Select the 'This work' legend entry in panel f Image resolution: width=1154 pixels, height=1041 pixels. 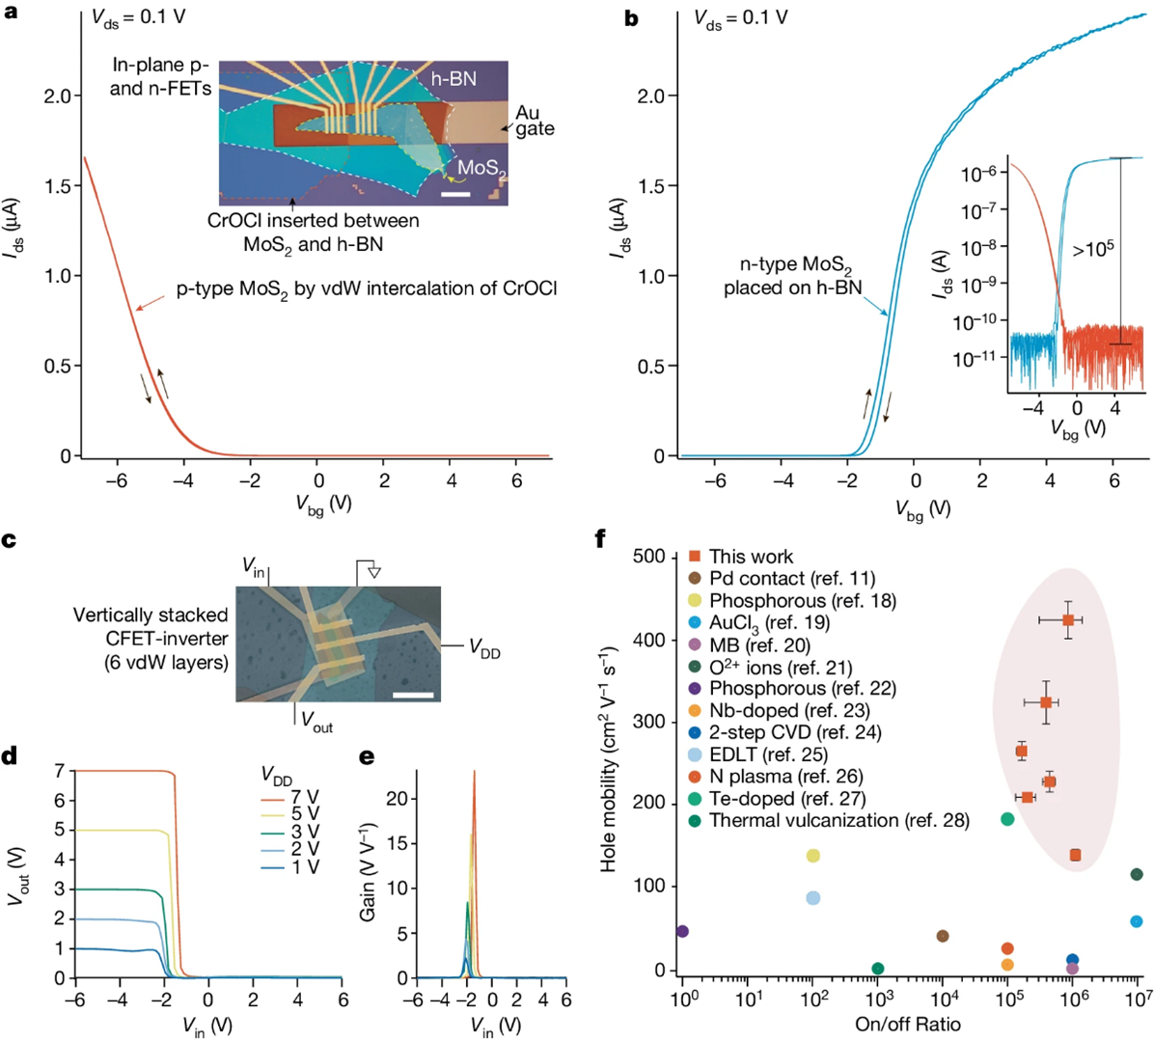click(751, 557)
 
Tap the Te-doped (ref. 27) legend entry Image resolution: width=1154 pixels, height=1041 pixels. click(787, 798)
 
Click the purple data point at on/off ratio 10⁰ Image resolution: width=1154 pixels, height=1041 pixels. click(682, 931)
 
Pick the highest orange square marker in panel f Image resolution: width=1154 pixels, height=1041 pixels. click(1068, 620)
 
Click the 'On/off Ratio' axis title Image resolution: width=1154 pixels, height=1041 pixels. click(908, 1024)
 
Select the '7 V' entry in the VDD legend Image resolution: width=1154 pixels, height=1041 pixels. click(305, 797)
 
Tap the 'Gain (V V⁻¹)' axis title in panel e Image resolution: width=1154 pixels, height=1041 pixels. click(368, 872)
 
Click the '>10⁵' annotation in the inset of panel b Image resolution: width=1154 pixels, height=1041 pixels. click(1092, 249)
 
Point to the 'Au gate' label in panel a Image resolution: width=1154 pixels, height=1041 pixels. click(534, 122)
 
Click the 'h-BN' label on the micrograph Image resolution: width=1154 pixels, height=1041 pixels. click(453, 79)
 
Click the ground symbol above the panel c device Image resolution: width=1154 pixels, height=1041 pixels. click(374, 571)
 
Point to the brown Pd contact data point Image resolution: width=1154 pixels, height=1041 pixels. click(943, 936)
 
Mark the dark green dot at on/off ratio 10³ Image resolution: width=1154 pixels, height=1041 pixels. click(877, 969)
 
